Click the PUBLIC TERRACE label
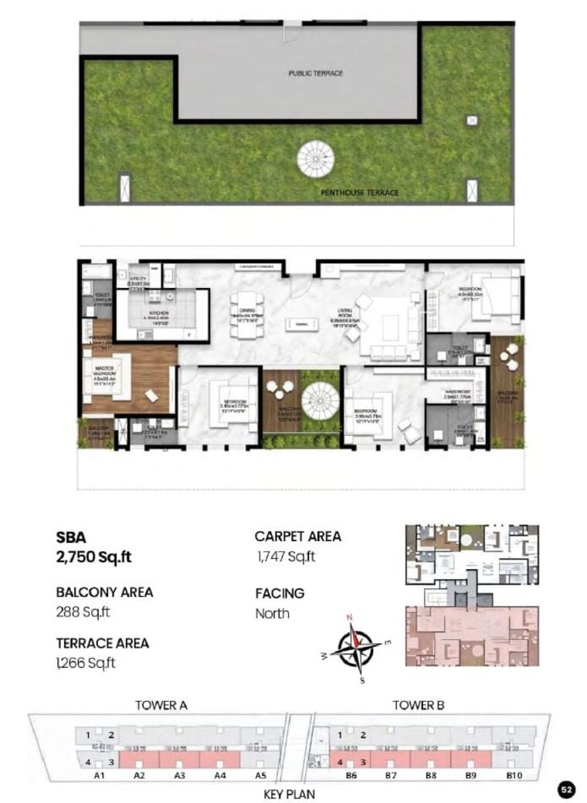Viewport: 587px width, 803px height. click(x=315, y=73)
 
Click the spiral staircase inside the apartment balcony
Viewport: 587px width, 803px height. click(x=320, y=401)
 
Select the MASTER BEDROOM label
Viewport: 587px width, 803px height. click(x=103, y=373)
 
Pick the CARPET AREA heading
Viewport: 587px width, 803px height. click(x=297, y=537)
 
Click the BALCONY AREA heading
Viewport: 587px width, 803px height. click(x=104, y=592)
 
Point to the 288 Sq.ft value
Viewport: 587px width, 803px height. click(x=83, y=613)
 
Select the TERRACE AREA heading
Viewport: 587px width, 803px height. click(x=103, y=642)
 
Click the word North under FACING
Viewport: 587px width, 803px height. click(x=273, y=614)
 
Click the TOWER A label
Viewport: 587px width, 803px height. click(x=161, y=705)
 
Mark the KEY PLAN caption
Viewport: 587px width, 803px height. click(x=289, y=793)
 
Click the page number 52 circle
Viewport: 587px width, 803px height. click(x=566, y=789)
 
